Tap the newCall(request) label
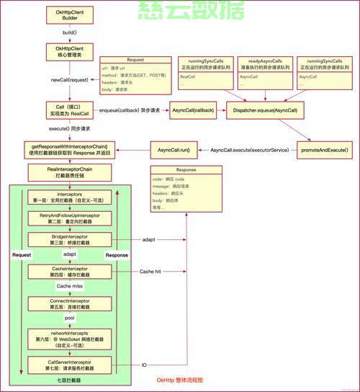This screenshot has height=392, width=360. [x=70, y=79]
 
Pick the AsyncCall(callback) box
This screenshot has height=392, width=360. [x=193, y=110]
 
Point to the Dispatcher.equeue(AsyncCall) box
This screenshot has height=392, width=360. [x=265, y=110]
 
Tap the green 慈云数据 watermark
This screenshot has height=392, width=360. [x=180, y=10]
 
